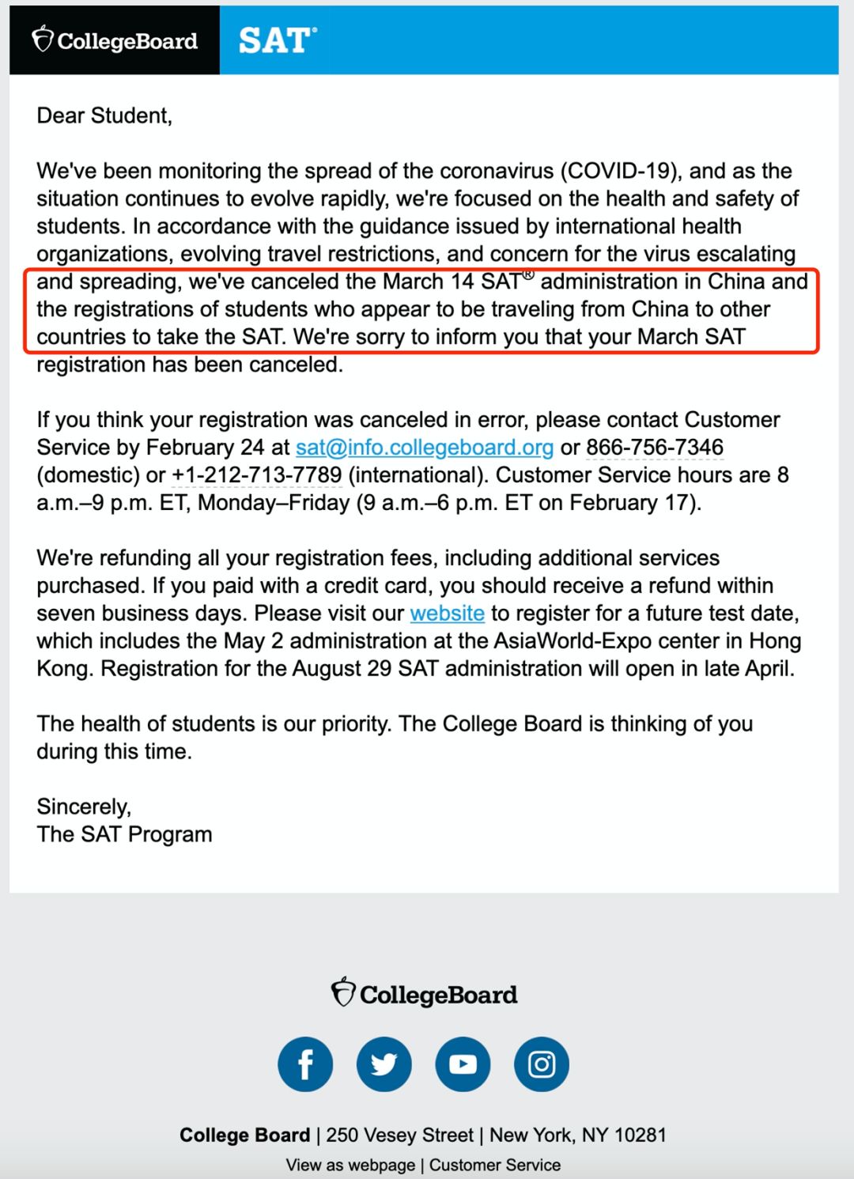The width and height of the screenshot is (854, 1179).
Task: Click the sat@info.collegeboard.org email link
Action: coord(424,448)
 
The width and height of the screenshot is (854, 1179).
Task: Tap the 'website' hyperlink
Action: coord(447,614)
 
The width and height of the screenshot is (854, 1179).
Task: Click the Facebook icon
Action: coord(305,1064)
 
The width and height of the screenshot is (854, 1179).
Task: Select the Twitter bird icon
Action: coord(384,1064)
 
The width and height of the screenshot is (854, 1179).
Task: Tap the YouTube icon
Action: coord(463,1064)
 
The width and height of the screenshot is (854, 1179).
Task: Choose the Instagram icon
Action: coord(542,1064)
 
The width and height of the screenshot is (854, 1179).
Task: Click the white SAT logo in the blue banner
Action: coord(277,40)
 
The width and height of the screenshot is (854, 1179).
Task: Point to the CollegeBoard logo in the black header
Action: coord(115,40)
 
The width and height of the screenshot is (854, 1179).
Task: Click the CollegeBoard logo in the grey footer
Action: coord(425,993)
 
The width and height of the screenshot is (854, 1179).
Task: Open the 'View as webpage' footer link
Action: coord(350,1165)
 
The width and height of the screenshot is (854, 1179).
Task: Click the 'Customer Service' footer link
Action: coord(495,1165)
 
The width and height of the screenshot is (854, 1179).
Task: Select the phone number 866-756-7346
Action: coord(655,448)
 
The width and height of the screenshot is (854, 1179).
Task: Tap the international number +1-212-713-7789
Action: coord(257,475)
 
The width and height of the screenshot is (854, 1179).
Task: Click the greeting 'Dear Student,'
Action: coord(104,116)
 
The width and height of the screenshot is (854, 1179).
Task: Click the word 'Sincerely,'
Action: coord(84,807)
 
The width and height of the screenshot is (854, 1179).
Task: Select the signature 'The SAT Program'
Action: coord(124,834)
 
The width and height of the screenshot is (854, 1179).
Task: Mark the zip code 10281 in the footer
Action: coord(640,1136)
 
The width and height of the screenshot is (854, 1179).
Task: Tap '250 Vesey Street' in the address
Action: coord(399,1136)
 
